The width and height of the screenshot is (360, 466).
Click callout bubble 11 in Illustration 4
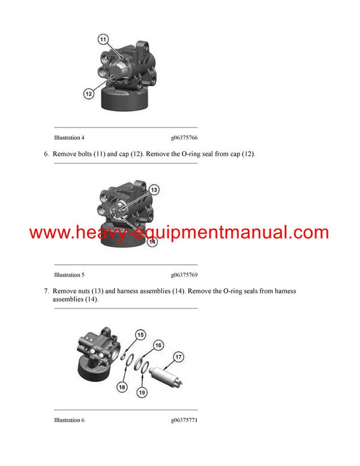(x=103, y=40)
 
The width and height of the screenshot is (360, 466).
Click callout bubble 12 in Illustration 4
(x=88, y=93)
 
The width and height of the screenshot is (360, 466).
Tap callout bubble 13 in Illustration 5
(x=154, y=190)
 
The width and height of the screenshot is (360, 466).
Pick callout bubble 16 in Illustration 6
(x=158, y=345)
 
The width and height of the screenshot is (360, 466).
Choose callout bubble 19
(x=142, y=393)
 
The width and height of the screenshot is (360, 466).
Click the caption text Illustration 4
(x=69, y=138)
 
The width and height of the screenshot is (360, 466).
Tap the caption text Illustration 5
(x=69, y=275)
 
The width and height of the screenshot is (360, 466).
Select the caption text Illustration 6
(x=69, y=420)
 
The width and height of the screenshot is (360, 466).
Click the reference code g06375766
(x=184, y=138)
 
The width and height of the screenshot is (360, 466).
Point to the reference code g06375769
(x=184, y=275)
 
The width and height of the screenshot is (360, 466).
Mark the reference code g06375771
(x=184, y=420)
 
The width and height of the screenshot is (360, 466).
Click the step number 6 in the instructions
(x=46, y=154)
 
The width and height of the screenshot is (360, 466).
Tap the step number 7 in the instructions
(x=46, y=291)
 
